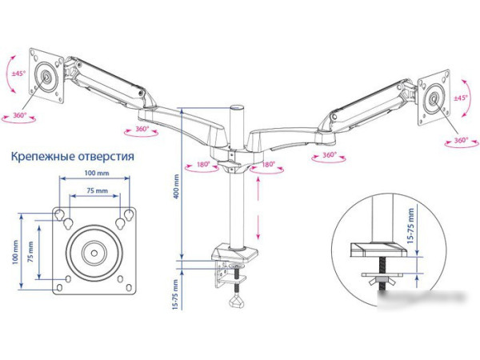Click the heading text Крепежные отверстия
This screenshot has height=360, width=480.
tap(72, 157)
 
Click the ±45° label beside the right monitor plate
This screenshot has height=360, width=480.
tap(460, 98)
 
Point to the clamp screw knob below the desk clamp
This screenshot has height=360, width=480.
tap(237, 300)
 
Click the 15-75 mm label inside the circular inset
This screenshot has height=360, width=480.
tap(410, 226)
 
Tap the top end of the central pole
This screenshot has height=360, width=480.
tap(237, 106)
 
